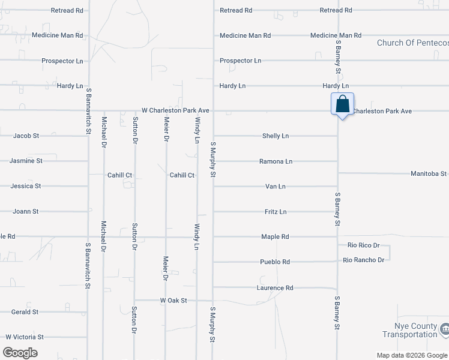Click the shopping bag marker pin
coord(342,104)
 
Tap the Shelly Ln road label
coord(276,136)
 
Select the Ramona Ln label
coord(276,161)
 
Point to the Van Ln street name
coord(276,187)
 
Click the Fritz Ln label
coord(276,212)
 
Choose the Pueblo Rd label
coord(275,262)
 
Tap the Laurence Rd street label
coord(275,288)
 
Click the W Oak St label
coord(173,300)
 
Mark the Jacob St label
coord(26,136)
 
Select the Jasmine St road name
coord(26,161)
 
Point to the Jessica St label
coord(26,186)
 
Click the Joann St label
coord(26,211)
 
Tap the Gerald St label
coord(25,312)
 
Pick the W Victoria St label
coord(25,337)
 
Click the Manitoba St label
coord(429,174)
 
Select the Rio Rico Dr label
coord(364,245)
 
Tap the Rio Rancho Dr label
coord(364,260)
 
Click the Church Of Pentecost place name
coord(412,43)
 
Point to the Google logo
coord(20,353)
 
